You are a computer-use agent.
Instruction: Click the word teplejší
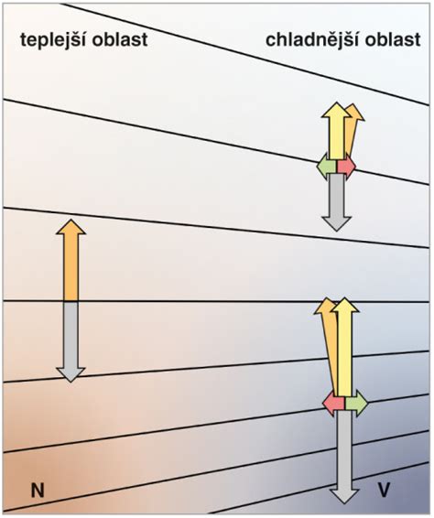pyautogui.click(x=53, y=40)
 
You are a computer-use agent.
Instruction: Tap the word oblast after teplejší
pyautogui.click(x=120, y=39)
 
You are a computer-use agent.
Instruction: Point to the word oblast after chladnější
pyautogui.click(x=394, y=39)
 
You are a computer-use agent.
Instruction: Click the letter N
pyautogui.click(x=38, y=491)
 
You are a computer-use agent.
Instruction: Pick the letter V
pyautogui.click(x=384, y=490)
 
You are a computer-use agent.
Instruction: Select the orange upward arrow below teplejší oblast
pyautogui.click(x=71, y=260)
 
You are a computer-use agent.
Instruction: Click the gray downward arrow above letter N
pyautogui.click(x=71, y=342)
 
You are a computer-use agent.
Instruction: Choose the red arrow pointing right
pyautogui.click(x=346, y=166)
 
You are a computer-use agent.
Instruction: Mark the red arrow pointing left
pyautogui.click(x=333, y=403)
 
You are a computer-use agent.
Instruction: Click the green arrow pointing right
pyautogui.click(x=356, y=403)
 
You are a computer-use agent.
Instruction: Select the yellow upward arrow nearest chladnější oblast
pyautogui.click(x=337, y=131)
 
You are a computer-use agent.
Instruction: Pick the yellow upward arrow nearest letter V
pyautogui.click(x=345, y=347)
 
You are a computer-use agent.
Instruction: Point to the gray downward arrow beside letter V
pyautogui.click(x=344, y=458)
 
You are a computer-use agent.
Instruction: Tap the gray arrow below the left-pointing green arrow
pyautogui.click(x=336, y=202)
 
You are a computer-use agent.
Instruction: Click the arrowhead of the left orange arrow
pyautogui.click(x=71, y=227)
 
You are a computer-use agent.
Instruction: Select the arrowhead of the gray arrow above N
pyautogui.click(x=71, y=375)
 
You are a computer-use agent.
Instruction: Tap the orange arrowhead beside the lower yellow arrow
pyautogui.click(x=324, y=306)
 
